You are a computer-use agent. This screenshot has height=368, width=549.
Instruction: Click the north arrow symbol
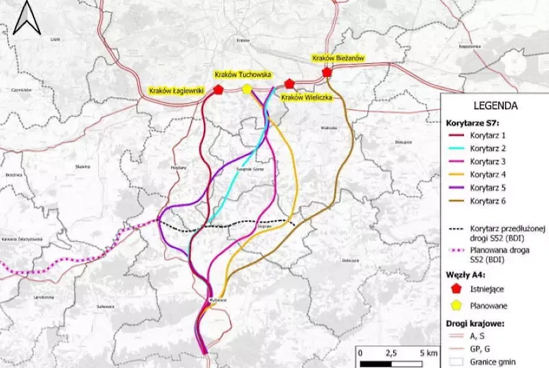[27, 17]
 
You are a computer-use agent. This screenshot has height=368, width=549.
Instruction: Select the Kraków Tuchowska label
[242, 74]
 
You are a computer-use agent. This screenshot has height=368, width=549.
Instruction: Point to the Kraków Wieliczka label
[306, 97]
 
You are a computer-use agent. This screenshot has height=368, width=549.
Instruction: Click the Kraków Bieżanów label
[338, 59]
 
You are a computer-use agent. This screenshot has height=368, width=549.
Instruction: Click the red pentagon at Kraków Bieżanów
[327, 71]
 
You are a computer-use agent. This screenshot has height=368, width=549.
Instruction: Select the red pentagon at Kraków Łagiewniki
[218, 89]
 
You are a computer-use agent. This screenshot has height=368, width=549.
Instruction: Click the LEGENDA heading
[495, 106]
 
